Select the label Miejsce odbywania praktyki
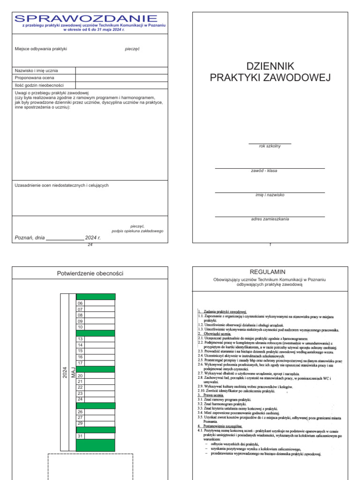[x=41, y=48]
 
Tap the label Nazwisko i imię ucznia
[x=37, y=70]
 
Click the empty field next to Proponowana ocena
[x=121, y=78]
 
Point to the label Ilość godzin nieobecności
[x=39, y=85]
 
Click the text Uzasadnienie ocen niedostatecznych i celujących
[x=62, y=185]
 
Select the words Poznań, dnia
[x=30, y=238]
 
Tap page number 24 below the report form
[x=90, y=245]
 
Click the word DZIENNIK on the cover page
[x=270, y=66]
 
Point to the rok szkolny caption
[x=270, y=146]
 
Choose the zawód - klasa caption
[x=264, y=171]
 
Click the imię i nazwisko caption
[x=270, y=195]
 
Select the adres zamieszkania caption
[x=270, y=219]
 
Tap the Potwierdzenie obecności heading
[x=90, y=273]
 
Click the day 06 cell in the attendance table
[x=80, y=303]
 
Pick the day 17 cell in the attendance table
[x=80, y=363]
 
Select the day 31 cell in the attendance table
[x=80, y=436]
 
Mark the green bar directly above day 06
[x=95, y=296]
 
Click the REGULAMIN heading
[x=270, y=271]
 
